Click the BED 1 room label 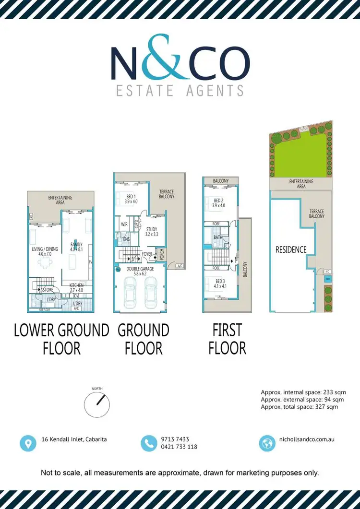(131, 199)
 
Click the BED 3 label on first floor (219, 283)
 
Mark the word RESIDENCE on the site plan (291, 249)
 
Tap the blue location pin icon (28, 443)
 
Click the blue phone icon (149, 443)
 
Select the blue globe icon (266, 443)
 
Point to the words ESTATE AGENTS (180, 90)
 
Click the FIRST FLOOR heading (228, 339)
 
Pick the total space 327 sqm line (300, 407)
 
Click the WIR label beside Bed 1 (124, 224)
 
